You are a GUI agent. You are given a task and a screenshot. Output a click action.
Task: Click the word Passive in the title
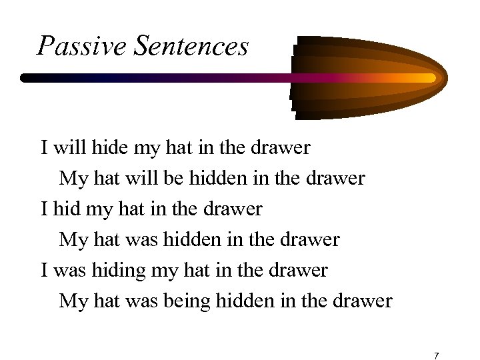(x=70, y=46)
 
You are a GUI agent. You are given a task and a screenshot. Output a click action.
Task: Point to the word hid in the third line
(x=63, y=209)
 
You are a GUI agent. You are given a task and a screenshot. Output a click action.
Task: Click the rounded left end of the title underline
(x=25, y=78)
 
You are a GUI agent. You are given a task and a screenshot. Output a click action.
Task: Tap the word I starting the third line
(x=44, y=209)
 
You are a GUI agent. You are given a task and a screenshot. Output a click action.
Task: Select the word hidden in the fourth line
(x=195, y=239)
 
